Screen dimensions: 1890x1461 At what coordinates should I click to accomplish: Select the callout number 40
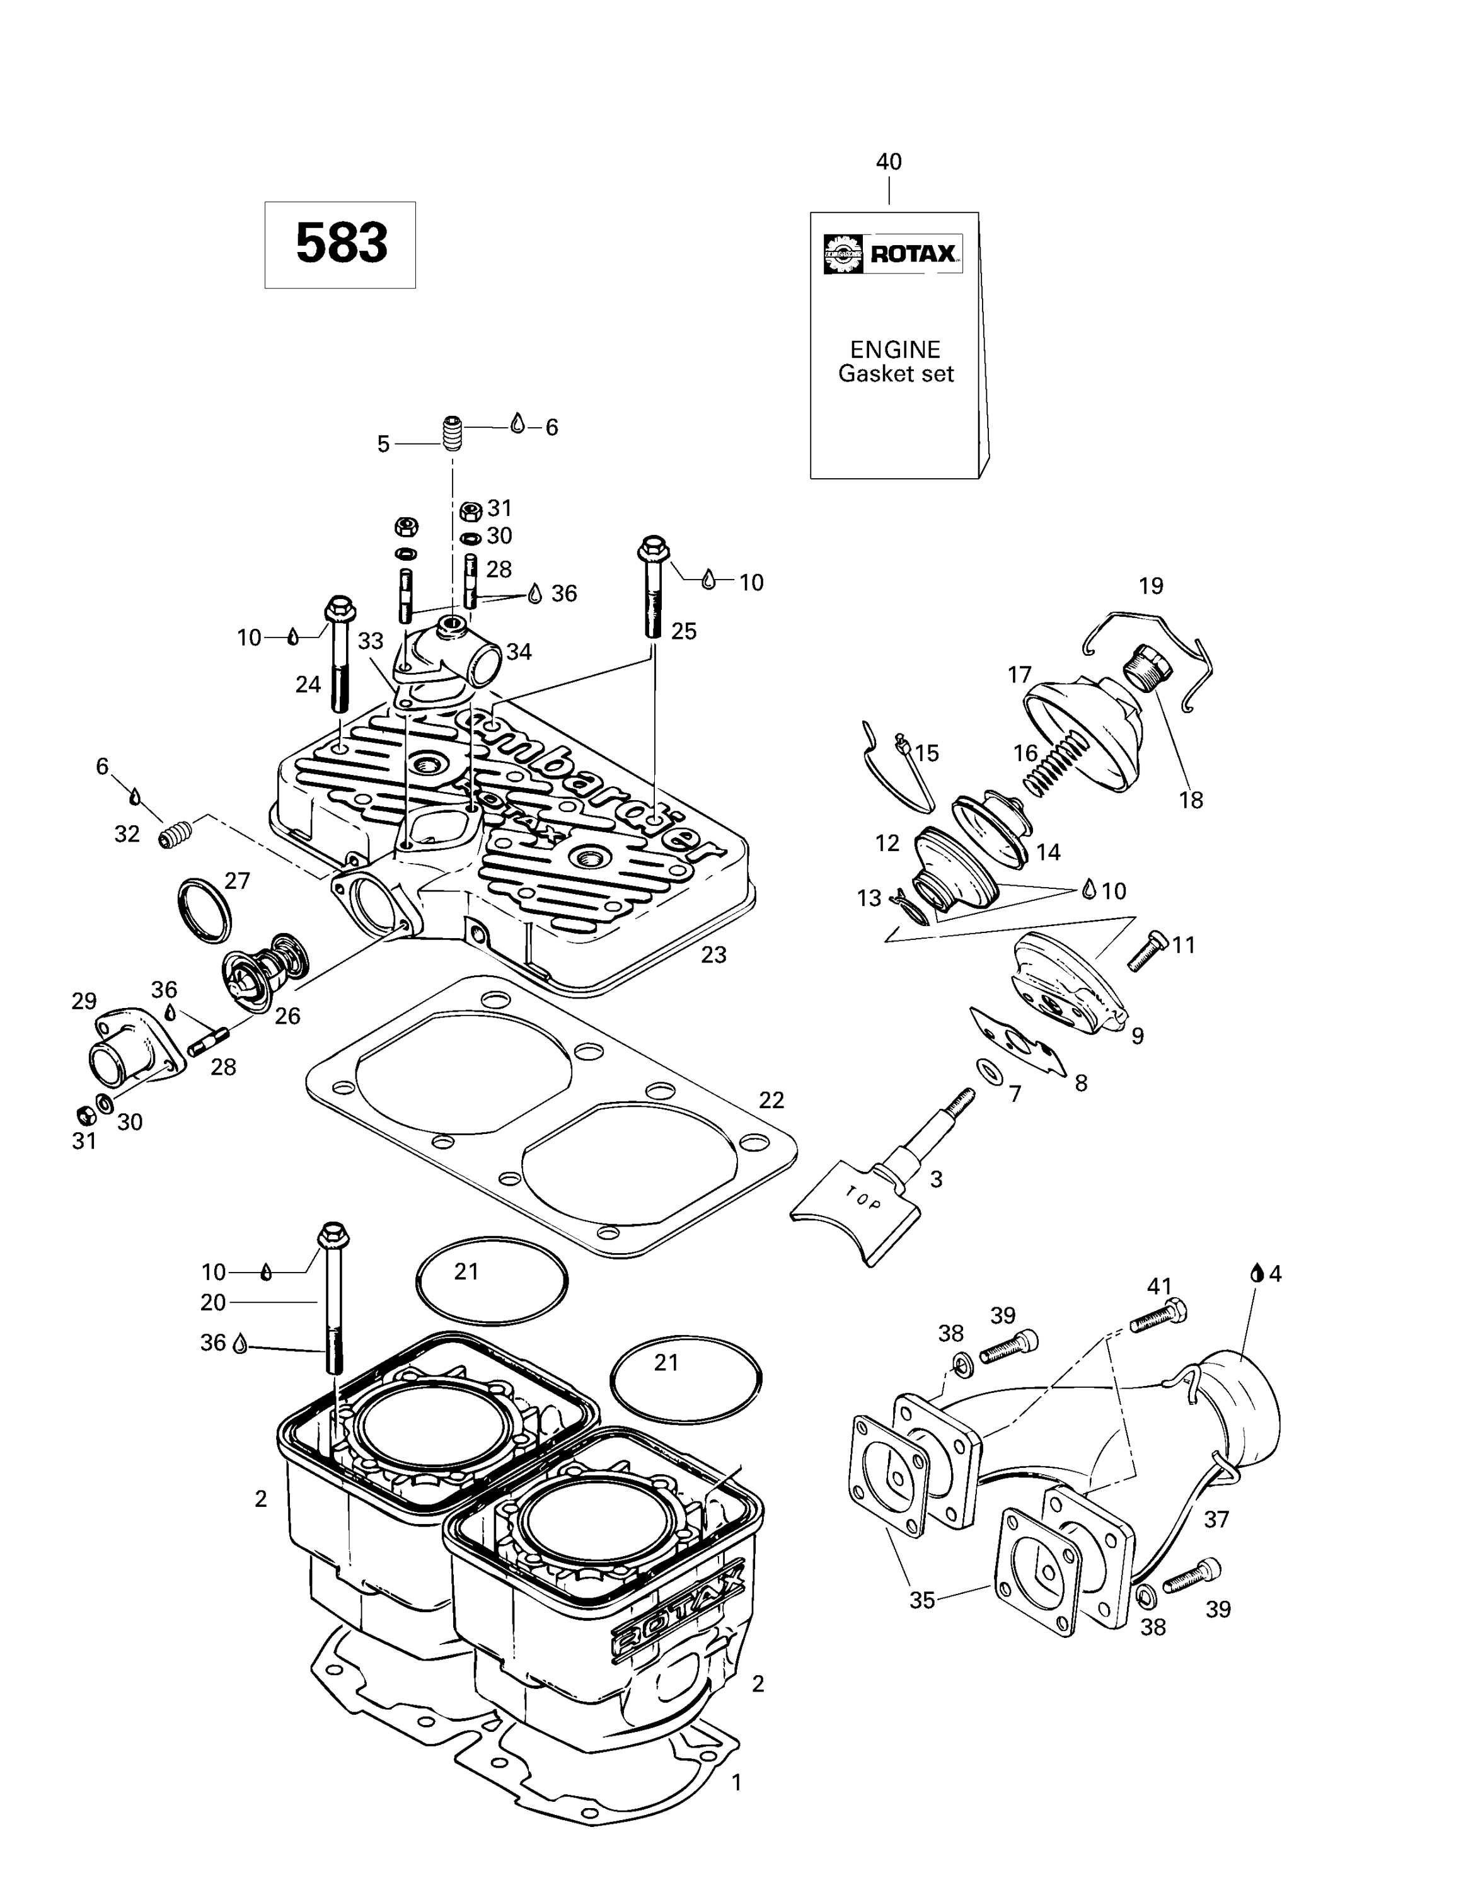(889, 162)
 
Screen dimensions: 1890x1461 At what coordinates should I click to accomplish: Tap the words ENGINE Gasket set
(895, 362)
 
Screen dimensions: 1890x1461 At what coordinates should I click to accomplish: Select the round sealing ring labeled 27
(204, 910)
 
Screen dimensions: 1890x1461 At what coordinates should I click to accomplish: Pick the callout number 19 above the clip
(1150, 586)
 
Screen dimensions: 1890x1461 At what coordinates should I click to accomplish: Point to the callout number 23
(713, 954)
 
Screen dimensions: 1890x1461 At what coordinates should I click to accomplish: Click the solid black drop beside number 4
(1255, 1273)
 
